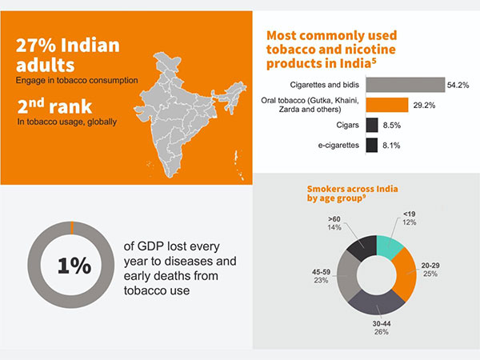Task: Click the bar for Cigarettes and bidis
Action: click(405, 84)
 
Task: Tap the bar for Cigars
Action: click(371, 125)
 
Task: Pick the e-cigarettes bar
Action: click(371, 145)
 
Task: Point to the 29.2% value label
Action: click(424, 105)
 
